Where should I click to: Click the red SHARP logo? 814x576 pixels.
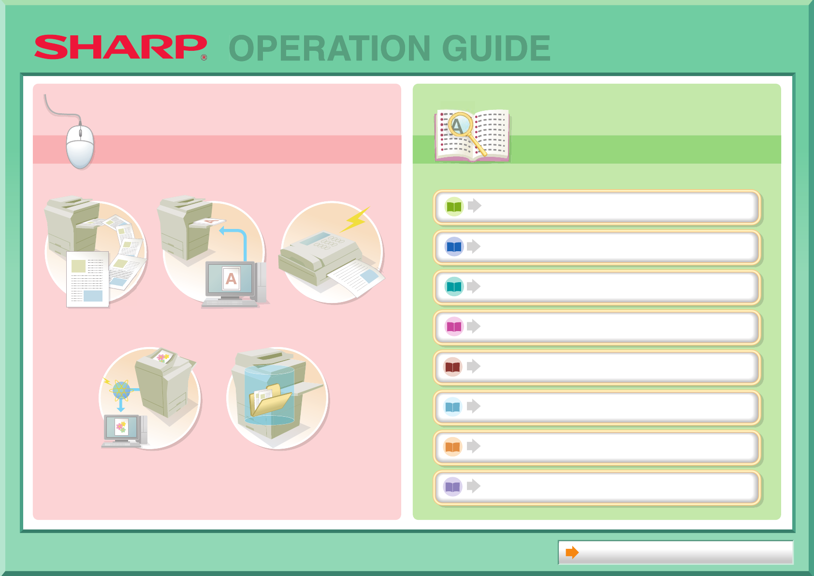121,47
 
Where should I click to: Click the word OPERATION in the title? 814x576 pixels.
330,48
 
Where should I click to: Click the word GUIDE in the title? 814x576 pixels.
496,48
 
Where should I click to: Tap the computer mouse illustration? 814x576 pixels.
80,147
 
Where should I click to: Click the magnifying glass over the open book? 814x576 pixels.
466,133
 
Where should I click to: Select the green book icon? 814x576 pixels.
454,207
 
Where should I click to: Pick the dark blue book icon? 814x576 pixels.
454,247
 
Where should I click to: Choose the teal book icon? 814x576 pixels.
454,287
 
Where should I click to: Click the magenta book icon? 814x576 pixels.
454,326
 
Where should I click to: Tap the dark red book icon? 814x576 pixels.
453,367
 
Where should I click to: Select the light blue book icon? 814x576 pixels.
453,407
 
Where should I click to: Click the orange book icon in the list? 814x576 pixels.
453,446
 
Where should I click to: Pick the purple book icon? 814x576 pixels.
453,486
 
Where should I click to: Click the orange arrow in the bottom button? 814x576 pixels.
572,552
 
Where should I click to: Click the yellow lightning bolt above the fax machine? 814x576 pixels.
355,219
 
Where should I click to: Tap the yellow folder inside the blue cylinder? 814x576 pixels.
270,400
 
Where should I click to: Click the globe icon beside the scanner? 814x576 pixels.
121,391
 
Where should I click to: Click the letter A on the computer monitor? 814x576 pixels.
231,279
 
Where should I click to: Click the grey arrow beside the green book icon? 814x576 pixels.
475,206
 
